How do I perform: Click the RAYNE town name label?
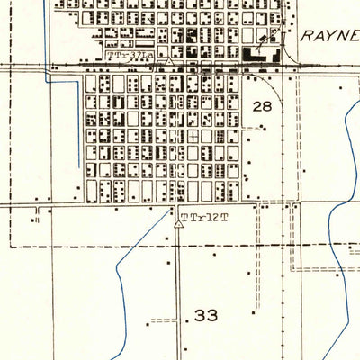pyautogui.click(x=330, y=36)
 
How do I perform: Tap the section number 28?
pyautogui.click(x=262, y=106)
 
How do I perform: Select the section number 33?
pyautogui.click(x=206, y=316)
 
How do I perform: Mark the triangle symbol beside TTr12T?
pyautogui.click(x=178, y=219)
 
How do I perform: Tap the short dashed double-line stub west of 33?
pyautogui.click(x=163, y=320)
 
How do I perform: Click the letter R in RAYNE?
pyautogui.click(x=306, y=36)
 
